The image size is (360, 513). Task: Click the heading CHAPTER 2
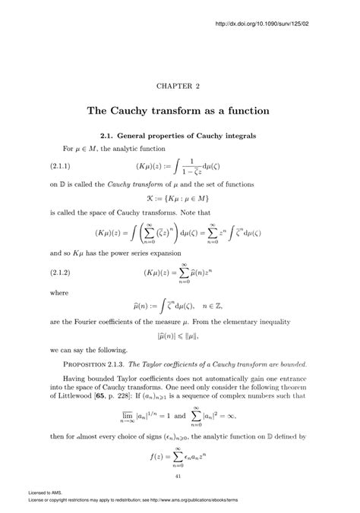tap(179, 87)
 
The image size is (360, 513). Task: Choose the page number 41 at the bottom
tap(179, 476)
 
